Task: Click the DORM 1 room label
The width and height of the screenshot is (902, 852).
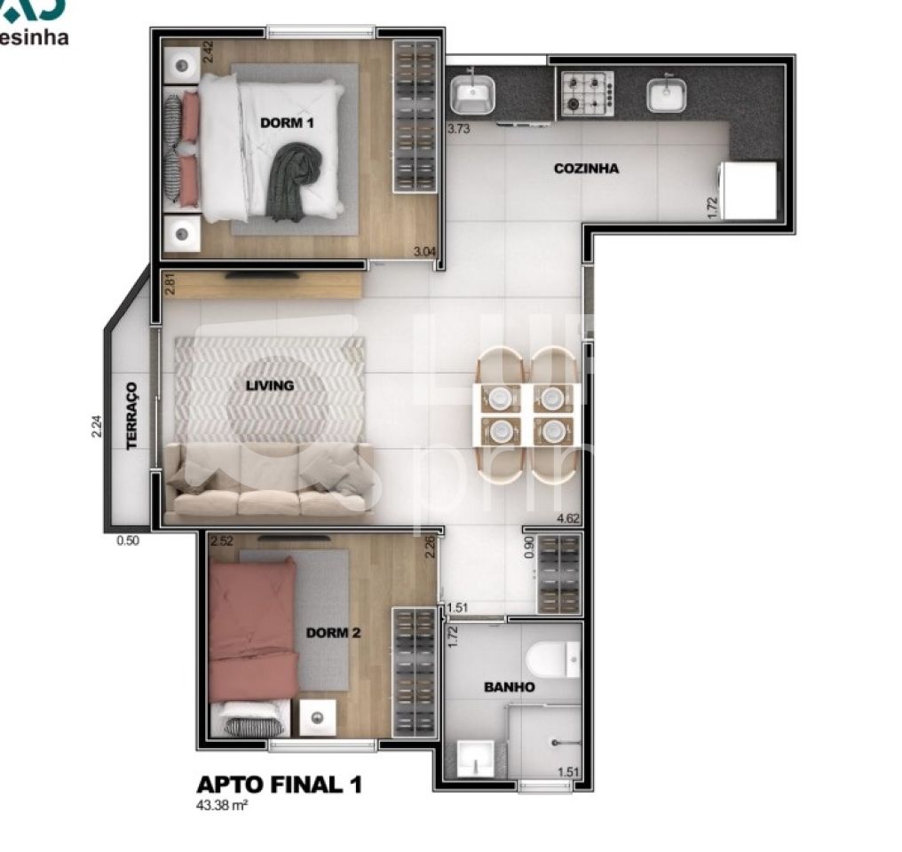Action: pyautogui.click(x=287, y=122)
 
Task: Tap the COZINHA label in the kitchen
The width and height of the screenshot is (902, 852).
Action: pyautogui.click(x=586, y=169)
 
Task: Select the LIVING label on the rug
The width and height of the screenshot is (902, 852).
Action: pyautogui.click(x=269, y=385)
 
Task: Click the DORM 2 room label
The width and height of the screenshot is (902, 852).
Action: pyautogui.click(x=333, y=633)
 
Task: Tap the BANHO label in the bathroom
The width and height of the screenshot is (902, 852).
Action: pyautogui.click(x=509, y=687)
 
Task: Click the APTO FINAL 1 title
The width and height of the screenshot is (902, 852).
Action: pyautogui.click(x=278, y=785)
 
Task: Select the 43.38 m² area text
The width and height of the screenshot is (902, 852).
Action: pyautogui.click(x=221, y=807)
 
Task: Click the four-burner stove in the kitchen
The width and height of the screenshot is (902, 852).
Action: pyautogui.click(x=586, y=94)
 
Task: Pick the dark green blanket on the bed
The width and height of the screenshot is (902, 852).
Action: pyautogui.click(x=295, y=182)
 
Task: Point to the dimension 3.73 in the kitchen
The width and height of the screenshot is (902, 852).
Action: pyautogui.click(x=458, y=129)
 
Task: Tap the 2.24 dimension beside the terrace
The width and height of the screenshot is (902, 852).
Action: pyautogui.click(x=96, y=428)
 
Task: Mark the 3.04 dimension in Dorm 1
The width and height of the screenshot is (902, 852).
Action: pyautogui.click(x=425, y=252)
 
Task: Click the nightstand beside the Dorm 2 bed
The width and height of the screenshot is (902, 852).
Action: pyautogui.click(x=316, y=717)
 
